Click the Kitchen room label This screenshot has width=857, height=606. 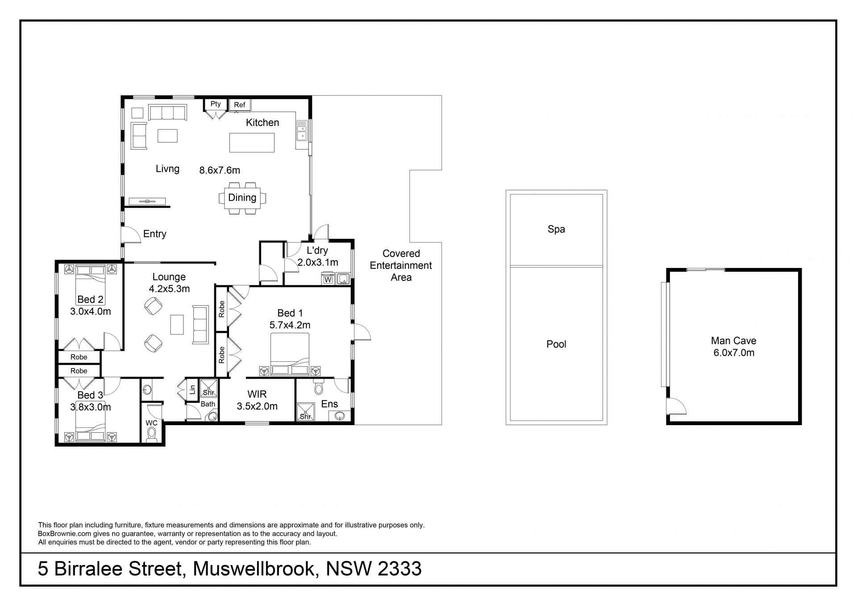262,122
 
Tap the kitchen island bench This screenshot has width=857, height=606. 252,142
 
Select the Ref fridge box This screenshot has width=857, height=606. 240,105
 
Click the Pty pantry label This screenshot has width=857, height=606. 216,104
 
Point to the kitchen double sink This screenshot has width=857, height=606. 302,130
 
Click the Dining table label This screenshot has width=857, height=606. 242,197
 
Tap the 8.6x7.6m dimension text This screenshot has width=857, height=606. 220,170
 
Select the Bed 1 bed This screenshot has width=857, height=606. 290,354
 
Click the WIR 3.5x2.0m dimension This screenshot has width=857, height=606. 257,406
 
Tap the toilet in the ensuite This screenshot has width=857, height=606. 318,387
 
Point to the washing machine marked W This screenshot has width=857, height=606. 328,280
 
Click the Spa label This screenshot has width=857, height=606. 556,229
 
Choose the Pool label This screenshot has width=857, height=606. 556,344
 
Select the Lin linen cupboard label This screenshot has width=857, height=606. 192,389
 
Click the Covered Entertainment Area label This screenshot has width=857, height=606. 401,265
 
